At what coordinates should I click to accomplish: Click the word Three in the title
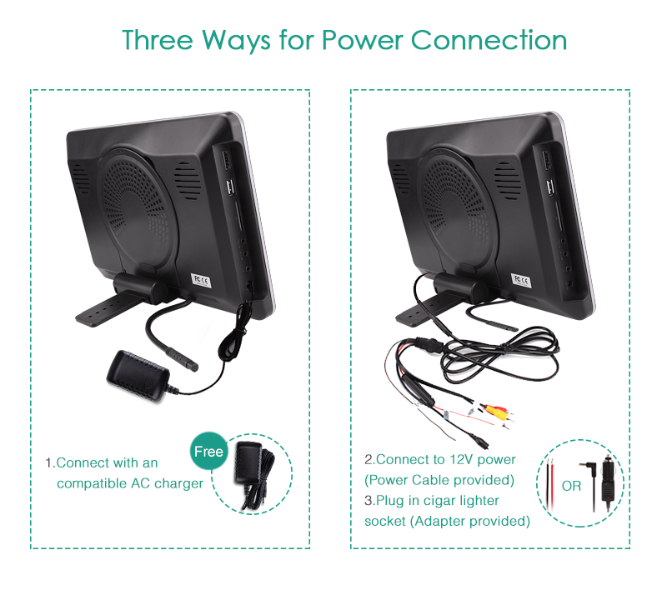[x=158, y=40]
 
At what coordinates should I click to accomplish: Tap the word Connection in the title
[x=489, y=40]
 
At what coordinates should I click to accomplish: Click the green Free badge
[x=208, y=451]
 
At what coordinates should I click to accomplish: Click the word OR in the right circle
[x=571, y=486]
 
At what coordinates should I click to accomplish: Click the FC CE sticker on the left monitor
[x=200, y=281]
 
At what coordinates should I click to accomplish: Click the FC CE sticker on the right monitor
[x=520, y=280]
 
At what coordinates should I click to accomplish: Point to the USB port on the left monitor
[x=231, y=187]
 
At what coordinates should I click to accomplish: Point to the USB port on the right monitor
[x=551, y=187]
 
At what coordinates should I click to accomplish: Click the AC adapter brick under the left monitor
[x=138, y=372]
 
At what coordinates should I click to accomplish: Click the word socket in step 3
[x=384, y=521]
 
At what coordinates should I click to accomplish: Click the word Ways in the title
[x=236, y=40]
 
